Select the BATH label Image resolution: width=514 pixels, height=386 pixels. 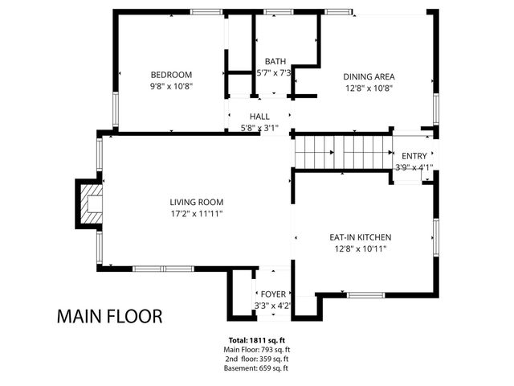pos(275,61)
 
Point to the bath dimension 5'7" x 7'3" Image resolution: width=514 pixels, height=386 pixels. pos(275,72)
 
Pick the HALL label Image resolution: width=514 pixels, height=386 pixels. pos(259,117)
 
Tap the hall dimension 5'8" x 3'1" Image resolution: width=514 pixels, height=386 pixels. pos(259,127)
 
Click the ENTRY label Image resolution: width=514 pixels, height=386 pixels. pos(414,156)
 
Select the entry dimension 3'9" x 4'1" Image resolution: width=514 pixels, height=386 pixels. pos(414,167)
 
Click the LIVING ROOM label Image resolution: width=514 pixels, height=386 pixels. pos(196,202)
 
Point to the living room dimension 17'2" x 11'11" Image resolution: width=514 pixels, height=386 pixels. pos(196,213)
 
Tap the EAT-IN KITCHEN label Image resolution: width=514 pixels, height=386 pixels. pos(360,237)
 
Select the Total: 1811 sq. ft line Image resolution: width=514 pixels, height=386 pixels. pos(256,340)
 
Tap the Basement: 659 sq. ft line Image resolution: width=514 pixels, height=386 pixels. pos(256,368)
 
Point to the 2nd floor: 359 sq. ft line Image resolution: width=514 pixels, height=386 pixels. pos(256,359)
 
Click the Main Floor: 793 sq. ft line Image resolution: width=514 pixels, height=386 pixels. pos(256,350)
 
